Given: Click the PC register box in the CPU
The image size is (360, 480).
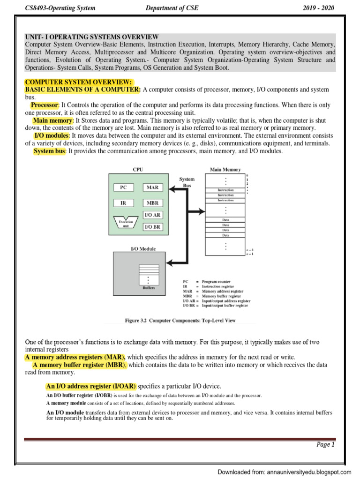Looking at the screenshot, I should click(123, 187).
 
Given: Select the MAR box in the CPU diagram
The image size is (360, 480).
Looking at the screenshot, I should click(152, 187).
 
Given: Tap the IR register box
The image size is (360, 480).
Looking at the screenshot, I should click(123, 203).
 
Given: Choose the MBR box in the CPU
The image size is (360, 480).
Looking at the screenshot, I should click(152, 203).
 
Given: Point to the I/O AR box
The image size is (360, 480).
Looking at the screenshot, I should click(152, 215).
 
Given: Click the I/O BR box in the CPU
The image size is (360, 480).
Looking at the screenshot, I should click(152, 226).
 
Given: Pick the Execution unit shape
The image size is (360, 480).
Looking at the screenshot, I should click(126, 222).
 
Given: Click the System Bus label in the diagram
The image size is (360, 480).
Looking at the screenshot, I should click(187, 182).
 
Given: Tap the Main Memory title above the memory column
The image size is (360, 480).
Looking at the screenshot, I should click(225, 170).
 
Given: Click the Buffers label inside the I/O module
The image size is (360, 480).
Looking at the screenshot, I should click(149, 287).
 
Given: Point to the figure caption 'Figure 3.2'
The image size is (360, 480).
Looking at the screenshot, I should click(180, 321).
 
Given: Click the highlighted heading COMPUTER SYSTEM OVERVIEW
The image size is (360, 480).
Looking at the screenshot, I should click(79, 82).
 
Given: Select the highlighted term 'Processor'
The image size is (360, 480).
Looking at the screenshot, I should click(45, 105).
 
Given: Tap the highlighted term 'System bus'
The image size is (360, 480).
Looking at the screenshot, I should click(50, 151).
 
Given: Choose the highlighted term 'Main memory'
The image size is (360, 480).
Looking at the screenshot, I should click(53, 120).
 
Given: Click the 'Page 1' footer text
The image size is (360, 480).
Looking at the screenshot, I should click(326, 445).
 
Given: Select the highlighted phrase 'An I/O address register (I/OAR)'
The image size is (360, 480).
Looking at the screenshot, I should click(91, 386).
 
